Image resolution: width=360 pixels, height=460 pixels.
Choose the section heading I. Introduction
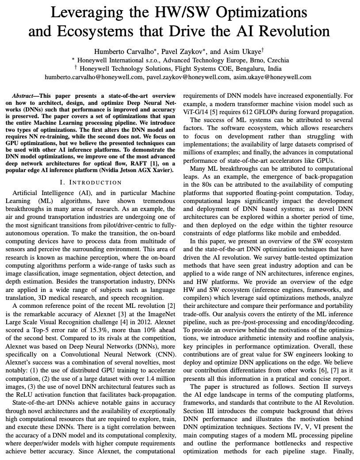90,182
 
